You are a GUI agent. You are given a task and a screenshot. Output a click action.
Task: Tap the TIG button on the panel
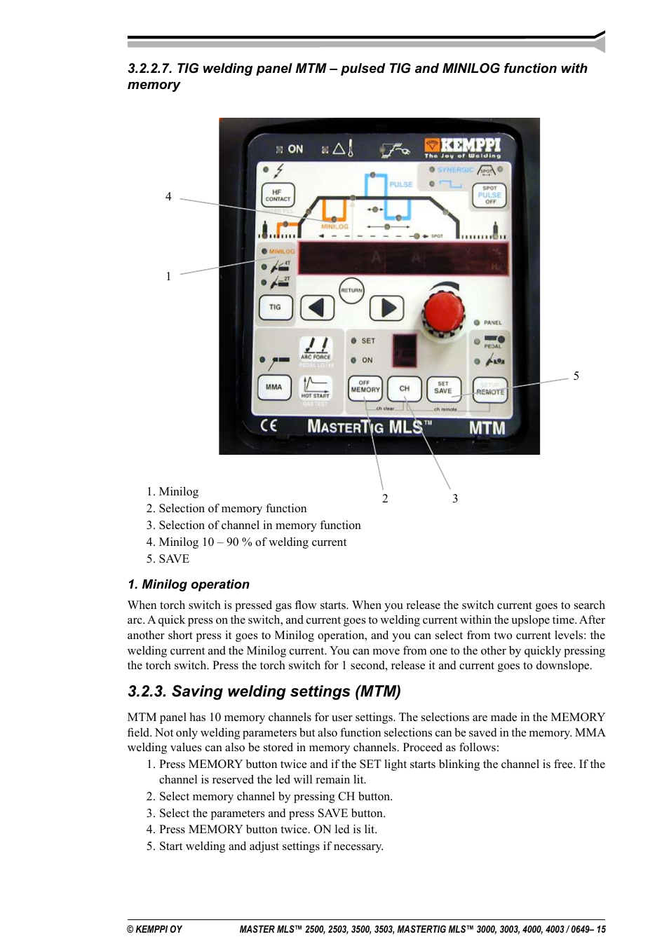pyautogui.click(x=275, y=308)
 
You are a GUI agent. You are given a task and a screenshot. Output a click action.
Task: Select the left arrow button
pyautogui.click(x=317, y=308)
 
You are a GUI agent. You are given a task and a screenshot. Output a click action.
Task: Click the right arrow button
pyautogui.click(x=387, y=308)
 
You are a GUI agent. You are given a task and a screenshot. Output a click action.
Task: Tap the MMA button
pyautogui.click(x=274, y=387)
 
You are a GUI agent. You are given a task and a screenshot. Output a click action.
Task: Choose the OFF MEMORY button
pyautogui.click(x=365, y=388)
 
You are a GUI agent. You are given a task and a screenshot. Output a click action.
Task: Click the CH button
pyautogui.click(x=405, y=388)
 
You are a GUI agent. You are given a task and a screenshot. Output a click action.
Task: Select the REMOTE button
pyautogui.click(x=490, y=390)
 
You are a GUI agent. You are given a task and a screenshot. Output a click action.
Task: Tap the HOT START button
pyautogui.click(x=316, y=388)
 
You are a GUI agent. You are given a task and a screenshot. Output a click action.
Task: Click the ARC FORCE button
pyautogui.click(x=316, y=348)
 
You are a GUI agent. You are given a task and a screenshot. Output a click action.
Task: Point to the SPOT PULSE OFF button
pyautogui.click(x=489, y=196)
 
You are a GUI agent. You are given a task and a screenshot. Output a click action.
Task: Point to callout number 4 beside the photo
pyautogui.click(x=168, y=197)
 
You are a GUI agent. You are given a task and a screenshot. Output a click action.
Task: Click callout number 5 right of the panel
pyautogui.click(x=576, y=376)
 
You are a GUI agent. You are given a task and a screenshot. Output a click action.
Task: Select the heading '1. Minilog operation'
pyautogui.click(x=189, y=584)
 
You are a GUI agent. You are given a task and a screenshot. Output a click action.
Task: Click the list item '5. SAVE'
pyautogui.click(x=168, y=559)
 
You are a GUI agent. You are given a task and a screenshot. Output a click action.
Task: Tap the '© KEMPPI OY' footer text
pyautogui.click(x=154, y=929)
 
